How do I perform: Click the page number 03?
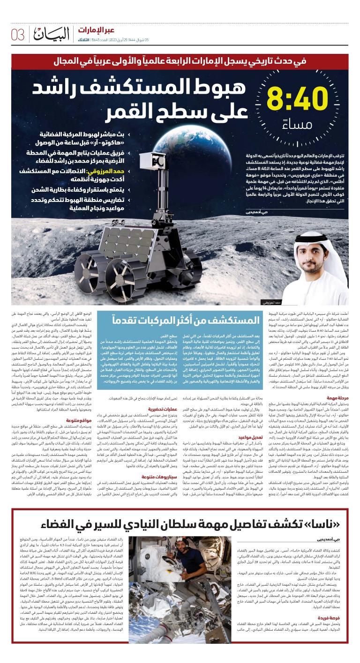click(x=17, y=34)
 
